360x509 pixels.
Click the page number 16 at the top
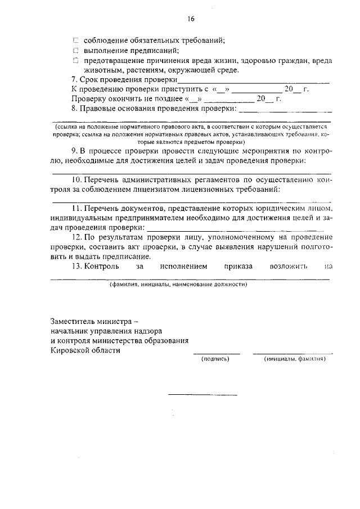click(190, 19)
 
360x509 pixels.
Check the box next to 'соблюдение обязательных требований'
click(76, 40)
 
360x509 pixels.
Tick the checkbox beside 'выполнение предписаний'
click(76, 50)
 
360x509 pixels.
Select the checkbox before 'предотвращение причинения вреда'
click(76, 60)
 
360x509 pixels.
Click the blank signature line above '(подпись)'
click(217, 353)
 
